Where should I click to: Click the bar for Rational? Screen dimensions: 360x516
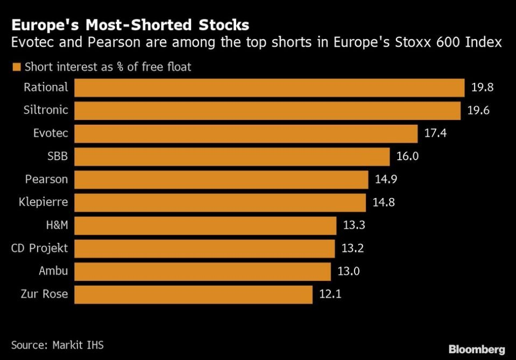click(269, 88)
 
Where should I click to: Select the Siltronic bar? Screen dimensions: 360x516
click(267, 110)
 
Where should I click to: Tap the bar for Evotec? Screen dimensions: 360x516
click(246, 133)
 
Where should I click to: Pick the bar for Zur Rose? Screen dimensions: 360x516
click(193, 294)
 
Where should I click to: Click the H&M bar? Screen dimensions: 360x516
click(205, 225)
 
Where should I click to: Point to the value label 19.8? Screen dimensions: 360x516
click(482, 88)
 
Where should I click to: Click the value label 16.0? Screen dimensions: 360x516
click(407, 157)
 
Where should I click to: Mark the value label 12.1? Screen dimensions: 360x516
click(330, 294)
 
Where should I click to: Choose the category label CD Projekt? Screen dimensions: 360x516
click(40, 249)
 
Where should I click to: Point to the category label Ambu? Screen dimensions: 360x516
click(53, 271)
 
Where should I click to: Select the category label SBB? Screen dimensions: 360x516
click(58, 157)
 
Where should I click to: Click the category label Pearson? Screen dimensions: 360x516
click(47, 180)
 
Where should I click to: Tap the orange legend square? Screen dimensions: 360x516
click(16, 67)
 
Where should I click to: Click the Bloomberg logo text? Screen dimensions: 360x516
click(476, 350)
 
